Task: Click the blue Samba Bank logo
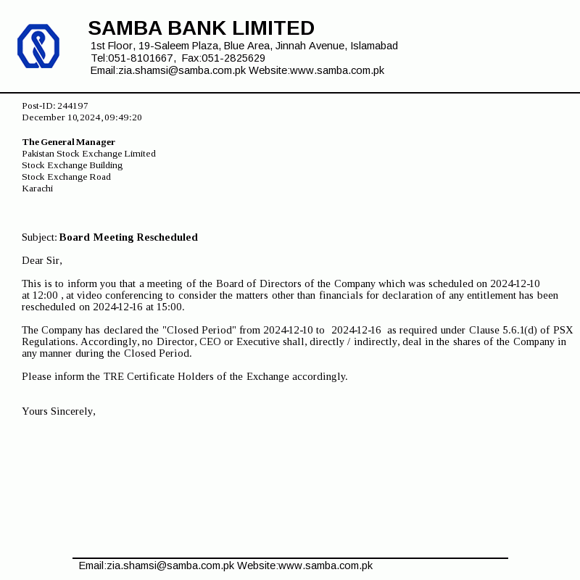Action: (x=38, y=46)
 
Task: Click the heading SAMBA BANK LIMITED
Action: (x=201, y=28)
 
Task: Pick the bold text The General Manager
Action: (x=68, y=142)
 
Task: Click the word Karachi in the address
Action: (x=37, y=188)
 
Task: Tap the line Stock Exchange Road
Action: (x=66, y=177)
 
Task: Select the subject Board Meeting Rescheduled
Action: (x=128, y=237)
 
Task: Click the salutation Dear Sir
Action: (x=42, y=260)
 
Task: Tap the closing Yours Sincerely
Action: (x=59, y=411)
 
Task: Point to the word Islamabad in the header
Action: (x=374, y=46)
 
